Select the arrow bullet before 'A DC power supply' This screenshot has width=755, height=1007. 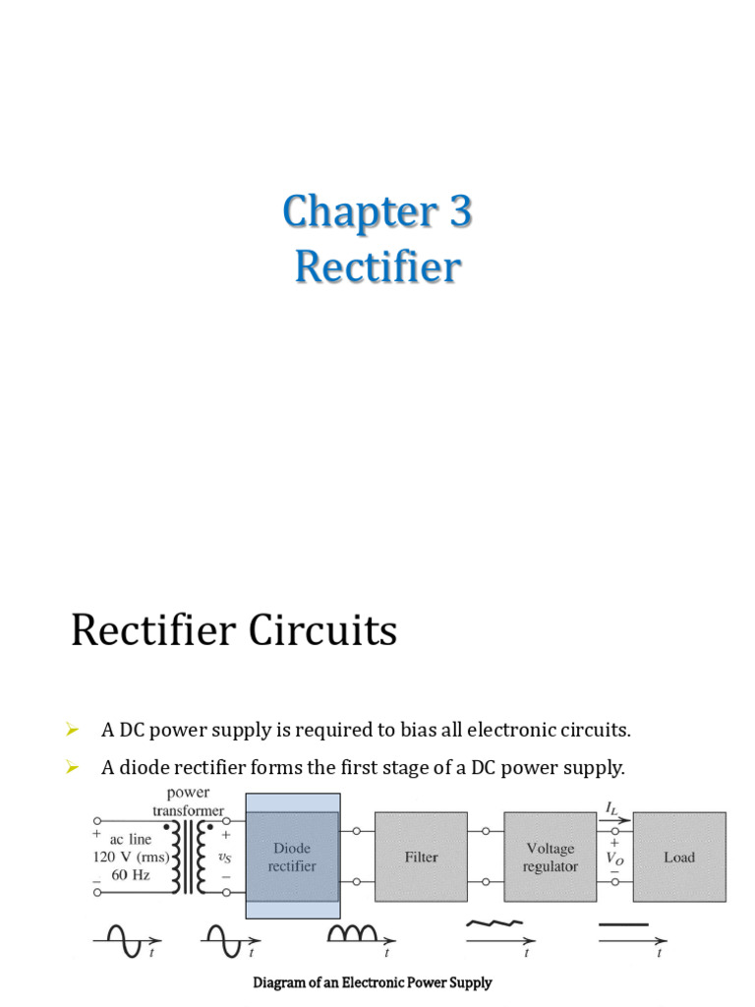click(x=72, y=729)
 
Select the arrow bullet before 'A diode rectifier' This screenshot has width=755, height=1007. click(x=72, y=767)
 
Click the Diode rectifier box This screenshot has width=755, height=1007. click(x=293, y=857)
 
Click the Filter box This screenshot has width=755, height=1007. click(x=421, y=857)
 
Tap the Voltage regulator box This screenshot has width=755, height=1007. click(x=550, y=857)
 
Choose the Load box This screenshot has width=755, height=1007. click(x=679, y=857)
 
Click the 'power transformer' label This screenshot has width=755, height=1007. click(x=188, y=801)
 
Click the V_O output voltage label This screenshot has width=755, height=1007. click(x=614, y=857)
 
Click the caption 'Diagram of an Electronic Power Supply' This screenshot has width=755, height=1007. click(x=373, y=982)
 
